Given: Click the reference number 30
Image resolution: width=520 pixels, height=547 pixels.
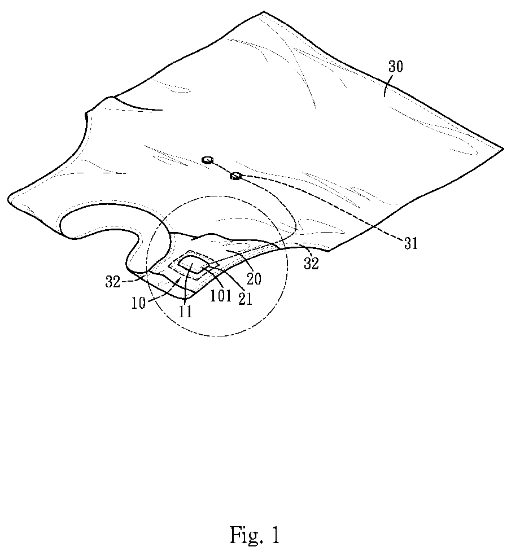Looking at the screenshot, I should coord(395,67).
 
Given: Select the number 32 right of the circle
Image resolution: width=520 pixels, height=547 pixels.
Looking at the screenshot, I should coord(312,264).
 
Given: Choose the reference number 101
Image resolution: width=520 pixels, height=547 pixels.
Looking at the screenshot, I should coord(221,296).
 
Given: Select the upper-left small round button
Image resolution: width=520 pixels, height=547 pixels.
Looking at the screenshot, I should coord(207,160).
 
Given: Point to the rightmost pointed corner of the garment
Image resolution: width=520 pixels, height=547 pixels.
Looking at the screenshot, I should coord(502,149).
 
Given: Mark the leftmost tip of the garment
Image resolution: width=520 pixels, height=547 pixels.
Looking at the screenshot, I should coord(9,199).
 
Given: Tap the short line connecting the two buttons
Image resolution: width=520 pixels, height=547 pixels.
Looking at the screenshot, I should coord(221,168).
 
